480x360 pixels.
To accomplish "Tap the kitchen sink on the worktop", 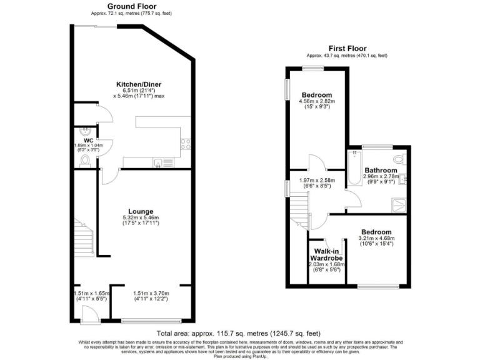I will (x=159, y=164).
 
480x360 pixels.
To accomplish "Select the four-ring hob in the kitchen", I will (x=186, y=144).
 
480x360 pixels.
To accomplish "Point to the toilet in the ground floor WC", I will (x=86, y=161).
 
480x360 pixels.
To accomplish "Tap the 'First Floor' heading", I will (x=347, y=48).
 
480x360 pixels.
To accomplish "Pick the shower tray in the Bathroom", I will (x=398, y=202).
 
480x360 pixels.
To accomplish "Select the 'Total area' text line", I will (x=239, y=334).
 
